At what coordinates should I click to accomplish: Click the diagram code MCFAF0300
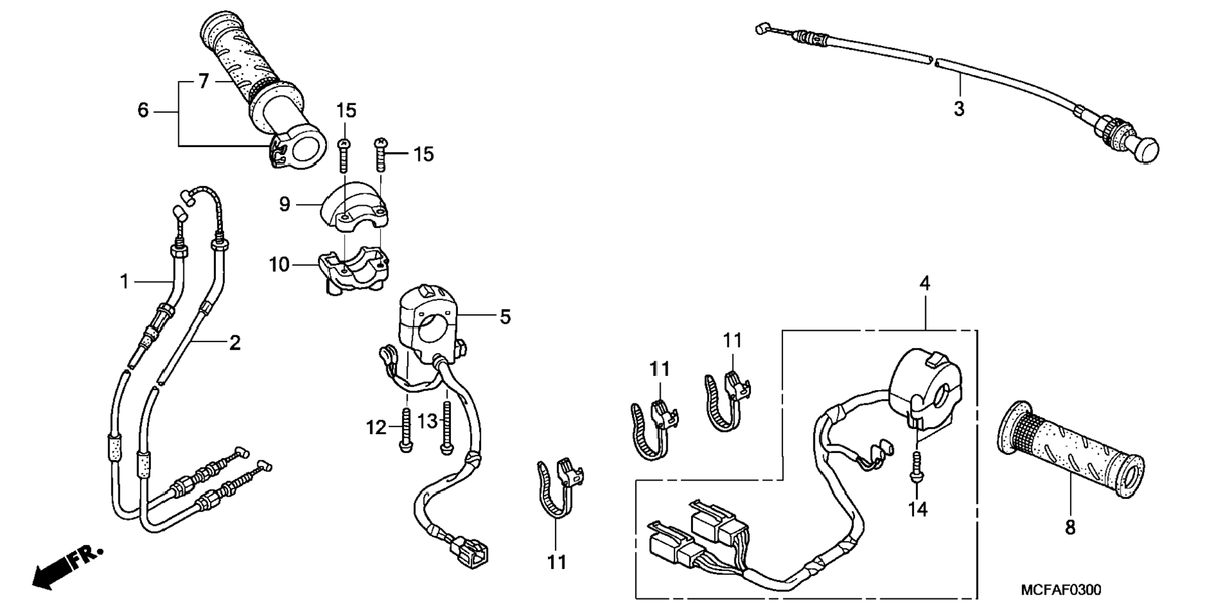click(1061, 590)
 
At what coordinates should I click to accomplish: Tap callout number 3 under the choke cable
click(959, 109)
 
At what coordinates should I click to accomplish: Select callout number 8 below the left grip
click(1070, 528)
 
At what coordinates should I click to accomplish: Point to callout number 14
click(918, 509)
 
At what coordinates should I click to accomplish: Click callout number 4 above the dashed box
click(925, 284)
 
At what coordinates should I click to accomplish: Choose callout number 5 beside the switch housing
click(505, 317)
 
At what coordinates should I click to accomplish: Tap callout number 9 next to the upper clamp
click(284, 205)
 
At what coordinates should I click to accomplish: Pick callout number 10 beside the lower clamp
click(279, 264)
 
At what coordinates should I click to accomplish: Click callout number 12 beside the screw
click(376, 428)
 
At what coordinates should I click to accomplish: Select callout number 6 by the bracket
click(143, 111)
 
